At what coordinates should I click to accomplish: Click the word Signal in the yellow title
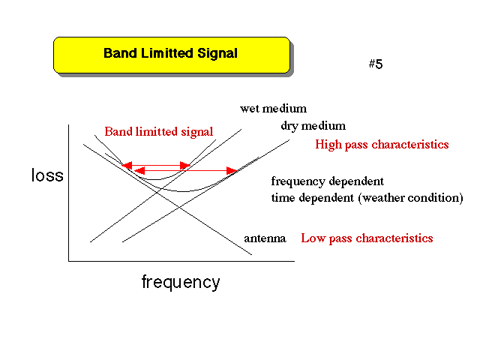click(217, 53)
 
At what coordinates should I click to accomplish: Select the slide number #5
click(376, 64)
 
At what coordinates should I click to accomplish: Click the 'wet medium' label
click(273, 108)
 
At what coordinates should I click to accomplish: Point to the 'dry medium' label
click(313, 126)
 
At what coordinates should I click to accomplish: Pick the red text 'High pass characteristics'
click(382, 145)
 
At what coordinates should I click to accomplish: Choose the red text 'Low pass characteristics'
click(367, 238)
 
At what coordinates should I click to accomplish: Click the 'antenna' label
click(265, 238)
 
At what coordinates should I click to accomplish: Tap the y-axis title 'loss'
click(47, 175)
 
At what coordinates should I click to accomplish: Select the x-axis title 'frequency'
click(181, 282)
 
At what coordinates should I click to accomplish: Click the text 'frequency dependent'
click(327, 181)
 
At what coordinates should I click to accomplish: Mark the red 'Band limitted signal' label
click(158, 132)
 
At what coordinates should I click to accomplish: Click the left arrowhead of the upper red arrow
click(127, 165)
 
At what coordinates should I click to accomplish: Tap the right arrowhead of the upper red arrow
click(185, 166)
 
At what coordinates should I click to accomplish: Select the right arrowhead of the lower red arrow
click(232, 170)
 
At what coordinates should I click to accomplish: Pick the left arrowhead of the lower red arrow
click(139, 170)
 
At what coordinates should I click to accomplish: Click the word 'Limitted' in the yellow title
click(167, 53)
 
